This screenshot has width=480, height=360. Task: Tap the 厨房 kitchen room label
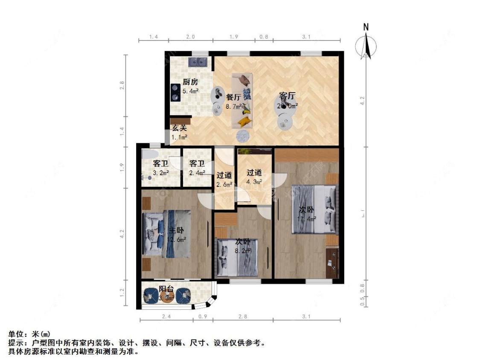[190, 82]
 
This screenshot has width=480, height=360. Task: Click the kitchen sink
[198, 62]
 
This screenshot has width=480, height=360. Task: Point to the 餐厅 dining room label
[233, 97]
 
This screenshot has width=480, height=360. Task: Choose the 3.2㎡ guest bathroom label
[160, 163]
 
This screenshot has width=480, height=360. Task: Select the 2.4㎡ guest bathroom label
[197, 163]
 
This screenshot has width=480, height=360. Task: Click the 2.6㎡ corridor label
[224, 175]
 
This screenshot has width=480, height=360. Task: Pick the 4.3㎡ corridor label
[254, 173]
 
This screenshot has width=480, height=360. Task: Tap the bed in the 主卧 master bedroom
[166, 234]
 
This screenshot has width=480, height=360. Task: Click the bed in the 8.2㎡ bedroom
[237, 258]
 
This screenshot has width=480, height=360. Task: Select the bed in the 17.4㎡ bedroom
[314, 209]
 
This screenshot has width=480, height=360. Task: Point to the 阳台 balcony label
[166, 289]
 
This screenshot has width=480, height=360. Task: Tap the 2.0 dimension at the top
[190, 37]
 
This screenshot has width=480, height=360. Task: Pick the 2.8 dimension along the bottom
[243, 317]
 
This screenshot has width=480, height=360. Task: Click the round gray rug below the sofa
[243, 136]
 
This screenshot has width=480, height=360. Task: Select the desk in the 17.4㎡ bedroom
[332, 263]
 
